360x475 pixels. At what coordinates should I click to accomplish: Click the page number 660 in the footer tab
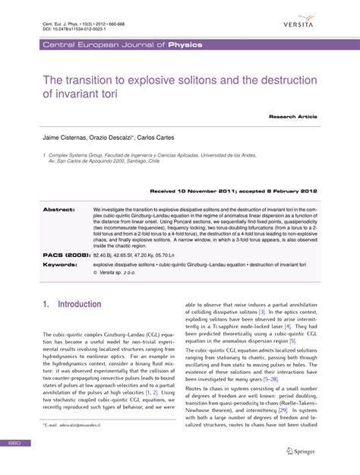14,463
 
